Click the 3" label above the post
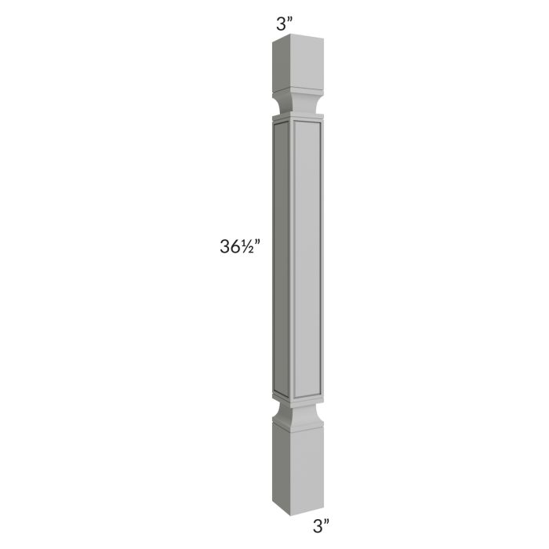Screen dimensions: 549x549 (x=284, y=23)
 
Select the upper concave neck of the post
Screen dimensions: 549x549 (x=295, y=105)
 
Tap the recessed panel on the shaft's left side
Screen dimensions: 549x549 (x=281, y=259)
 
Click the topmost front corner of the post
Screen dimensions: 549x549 (x=291, y=38)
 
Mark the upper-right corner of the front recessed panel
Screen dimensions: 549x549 (x=318, y=126)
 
